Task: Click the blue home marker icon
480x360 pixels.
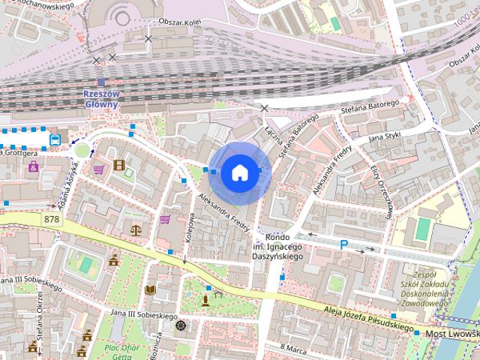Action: click(x=238, y=172)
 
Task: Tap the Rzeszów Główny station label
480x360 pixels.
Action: click(x=100, y=99)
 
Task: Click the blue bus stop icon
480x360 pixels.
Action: click(x=55, y=139)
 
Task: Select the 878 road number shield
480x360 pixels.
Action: click(x=52, y=218)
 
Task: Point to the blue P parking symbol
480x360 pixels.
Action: click(x=343, y=244)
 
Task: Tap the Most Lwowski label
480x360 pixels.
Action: click(x=451, y=331)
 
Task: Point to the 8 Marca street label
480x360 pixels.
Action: click(x=294, y=348)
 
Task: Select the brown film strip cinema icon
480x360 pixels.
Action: click(x=118, y=164)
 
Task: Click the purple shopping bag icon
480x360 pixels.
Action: click(x=34, y=166)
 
